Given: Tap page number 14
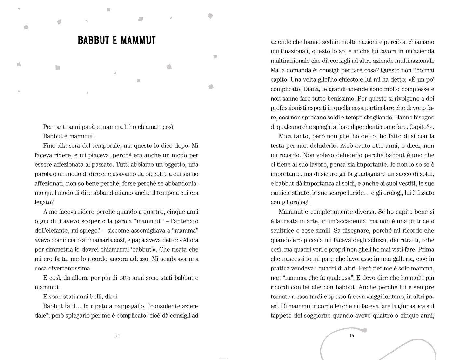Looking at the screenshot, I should coord(117,335).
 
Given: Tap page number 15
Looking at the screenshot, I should coord(351,335).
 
